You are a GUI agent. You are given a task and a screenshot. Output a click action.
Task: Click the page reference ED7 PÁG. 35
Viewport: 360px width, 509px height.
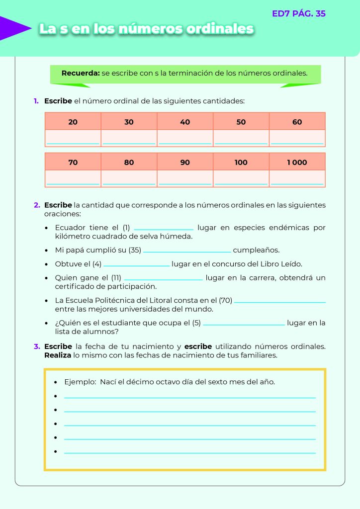299,14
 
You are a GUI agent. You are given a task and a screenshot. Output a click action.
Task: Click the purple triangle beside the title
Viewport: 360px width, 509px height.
15,28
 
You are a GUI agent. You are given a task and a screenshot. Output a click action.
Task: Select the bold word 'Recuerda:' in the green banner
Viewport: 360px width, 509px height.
81,73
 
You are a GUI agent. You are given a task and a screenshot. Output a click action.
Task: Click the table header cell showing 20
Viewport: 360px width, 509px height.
73,122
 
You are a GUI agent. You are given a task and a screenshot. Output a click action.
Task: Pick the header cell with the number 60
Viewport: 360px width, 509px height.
297,122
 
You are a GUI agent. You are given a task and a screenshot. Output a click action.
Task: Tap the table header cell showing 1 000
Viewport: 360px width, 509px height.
297,163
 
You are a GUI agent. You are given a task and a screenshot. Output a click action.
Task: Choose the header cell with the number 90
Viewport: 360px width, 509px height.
185,163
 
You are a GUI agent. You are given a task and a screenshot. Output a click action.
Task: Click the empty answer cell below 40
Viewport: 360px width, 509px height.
185,138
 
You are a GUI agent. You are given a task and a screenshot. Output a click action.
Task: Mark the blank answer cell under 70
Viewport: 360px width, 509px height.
73,178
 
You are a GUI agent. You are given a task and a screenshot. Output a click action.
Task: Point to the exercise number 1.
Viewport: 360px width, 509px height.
36,101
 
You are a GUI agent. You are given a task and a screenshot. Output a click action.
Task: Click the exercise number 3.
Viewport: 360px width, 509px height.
37,346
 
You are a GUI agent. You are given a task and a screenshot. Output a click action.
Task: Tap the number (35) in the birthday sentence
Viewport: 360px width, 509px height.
135,250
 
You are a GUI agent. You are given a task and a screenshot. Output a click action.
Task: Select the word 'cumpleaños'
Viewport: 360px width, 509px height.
256,250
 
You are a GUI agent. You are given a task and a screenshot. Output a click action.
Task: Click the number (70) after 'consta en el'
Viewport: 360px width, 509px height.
225,300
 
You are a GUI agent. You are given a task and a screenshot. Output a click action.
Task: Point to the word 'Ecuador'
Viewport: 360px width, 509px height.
72,228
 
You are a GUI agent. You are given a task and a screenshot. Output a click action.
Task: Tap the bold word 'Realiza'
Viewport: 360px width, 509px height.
58,355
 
